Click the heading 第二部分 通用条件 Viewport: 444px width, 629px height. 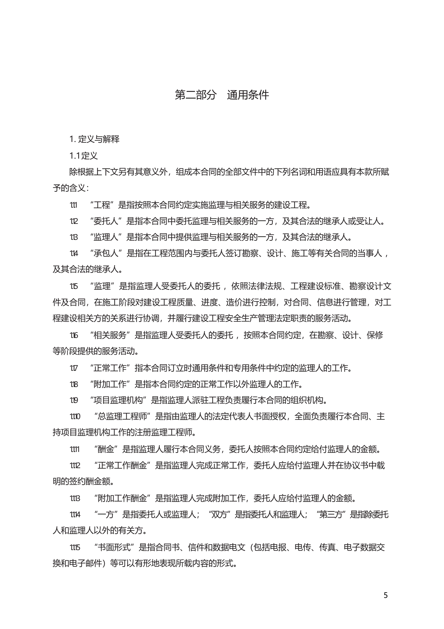click(222, 95)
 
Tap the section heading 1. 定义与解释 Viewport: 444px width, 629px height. click(95, 139)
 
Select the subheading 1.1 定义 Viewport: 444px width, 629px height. click(84, 156)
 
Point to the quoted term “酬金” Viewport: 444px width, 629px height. click(106, 449)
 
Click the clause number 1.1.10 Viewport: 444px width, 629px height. click(75, 417)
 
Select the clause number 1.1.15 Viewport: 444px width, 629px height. click(75, 548)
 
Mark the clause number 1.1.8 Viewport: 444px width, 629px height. click(74, 384)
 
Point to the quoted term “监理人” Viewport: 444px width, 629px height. click(106, 237)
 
